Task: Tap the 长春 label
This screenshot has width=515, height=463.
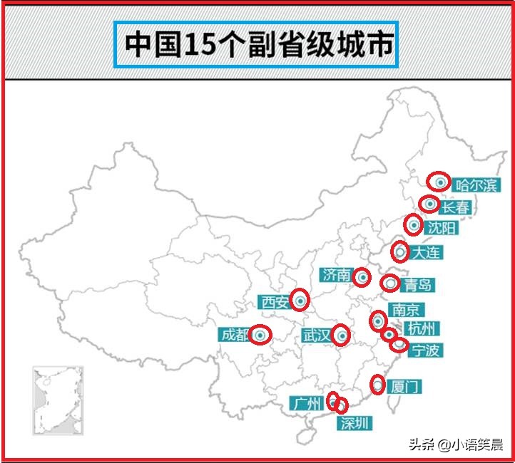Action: pyautogui.click(x=456, y=208)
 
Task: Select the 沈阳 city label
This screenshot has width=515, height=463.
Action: pyautogui.click(x=442, y=229)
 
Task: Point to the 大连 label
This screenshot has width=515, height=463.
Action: pyautogui.click(x=426, y=252)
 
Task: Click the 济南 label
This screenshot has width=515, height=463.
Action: pyautogui.click(x=336, y=275)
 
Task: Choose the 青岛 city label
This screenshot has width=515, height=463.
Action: pyautogui.click(x=417, y=286)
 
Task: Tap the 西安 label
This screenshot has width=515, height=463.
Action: pyautogui.click(x=275, y=303)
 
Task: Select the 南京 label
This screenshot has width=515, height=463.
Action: pyautogui.click(x=407, y=310)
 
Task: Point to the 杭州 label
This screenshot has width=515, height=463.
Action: pyautogui.click(x=421, y=328)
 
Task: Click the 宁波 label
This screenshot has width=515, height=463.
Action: pyautogui.click(x=427, y=350)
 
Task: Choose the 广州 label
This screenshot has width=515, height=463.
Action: pyautogui.click(x=307, y=404)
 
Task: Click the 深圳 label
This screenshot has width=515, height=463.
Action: pyautogui.click(x=355, y=423)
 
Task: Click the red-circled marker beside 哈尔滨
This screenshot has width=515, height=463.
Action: pyautogui.click(x=439, y=182)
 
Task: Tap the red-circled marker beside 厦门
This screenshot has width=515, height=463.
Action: pyautogui.click(x=378, y=385)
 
